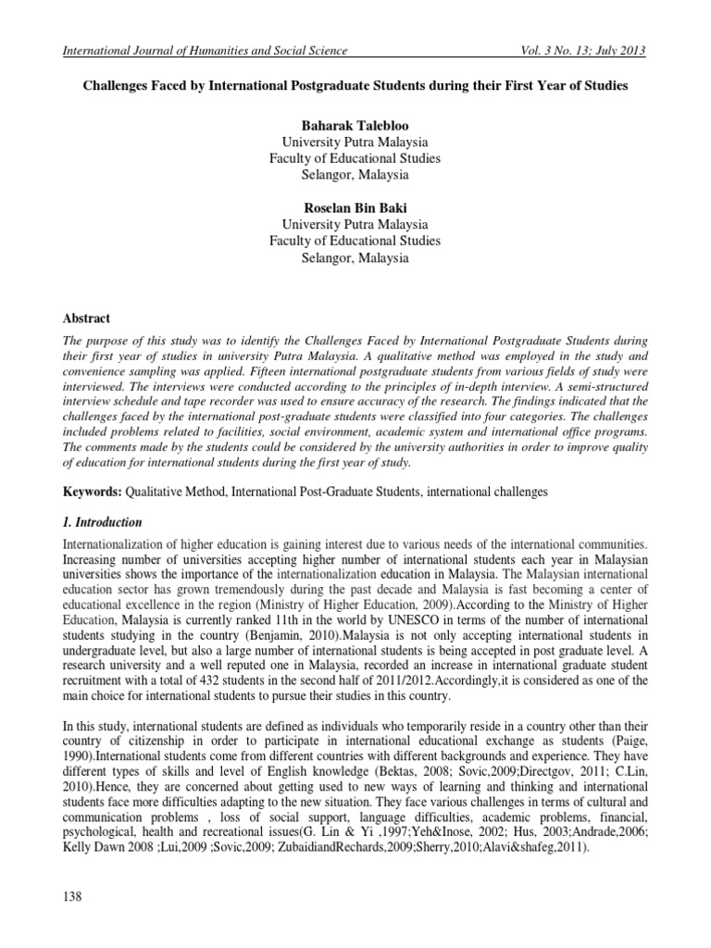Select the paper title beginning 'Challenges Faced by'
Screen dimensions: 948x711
click(355, 86)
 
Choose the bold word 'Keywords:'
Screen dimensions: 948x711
click(89, 493)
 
